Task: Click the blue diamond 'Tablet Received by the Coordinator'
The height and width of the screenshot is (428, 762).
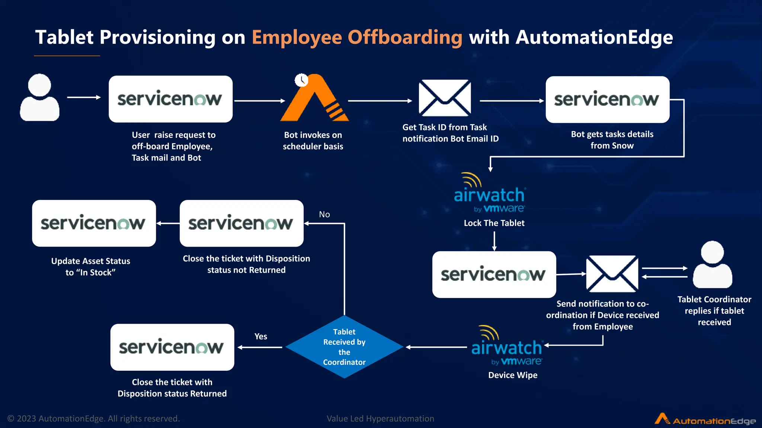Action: pyautogui.click(x=344, y=347)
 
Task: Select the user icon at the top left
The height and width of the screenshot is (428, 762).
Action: pyautogui.click(x=39, y=97)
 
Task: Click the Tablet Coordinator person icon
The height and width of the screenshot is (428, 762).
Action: pyautogui.click(x=713, y=265)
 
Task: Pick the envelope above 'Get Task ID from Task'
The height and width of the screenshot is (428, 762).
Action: pyautogui.click(x=445, y=98)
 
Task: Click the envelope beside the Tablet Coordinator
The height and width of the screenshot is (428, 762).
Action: pyautogui.click(x=612, y=273)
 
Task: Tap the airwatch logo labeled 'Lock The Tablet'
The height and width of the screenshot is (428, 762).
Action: pyautogui.click(x=489, y=193)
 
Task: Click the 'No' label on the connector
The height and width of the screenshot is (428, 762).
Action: pyautogui.click(x=324, y=214)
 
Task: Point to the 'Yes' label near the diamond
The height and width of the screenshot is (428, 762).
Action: pyautogui.click(x=261, y=336)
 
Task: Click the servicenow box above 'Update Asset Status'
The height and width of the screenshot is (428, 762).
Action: pyautogui.click(x=94, y=223)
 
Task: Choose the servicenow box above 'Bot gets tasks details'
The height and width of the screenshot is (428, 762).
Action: pyautogui.click(x=607, y=100)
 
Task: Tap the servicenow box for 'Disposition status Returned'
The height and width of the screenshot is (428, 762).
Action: pyautogui.click(x=172, y=347)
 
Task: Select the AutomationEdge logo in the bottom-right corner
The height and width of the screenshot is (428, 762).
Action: pyautogui.click(x=705, y=419)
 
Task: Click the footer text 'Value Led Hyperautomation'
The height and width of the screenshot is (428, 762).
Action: pyautogui.click(x=380, y=419)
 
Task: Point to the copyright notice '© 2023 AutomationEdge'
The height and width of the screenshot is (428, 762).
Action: pyautogui.click(x=93, y=419)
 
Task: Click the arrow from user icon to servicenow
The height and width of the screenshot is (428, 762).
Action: pyautogui.click(x=84, y=97)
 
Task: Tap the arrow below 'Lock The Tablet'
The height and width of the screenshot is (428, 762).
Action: pyautogui.click(x=494, y=241)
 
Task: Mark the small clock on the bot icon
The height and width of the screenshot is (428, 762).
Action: pyautogui.click(x=301, y=80)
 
